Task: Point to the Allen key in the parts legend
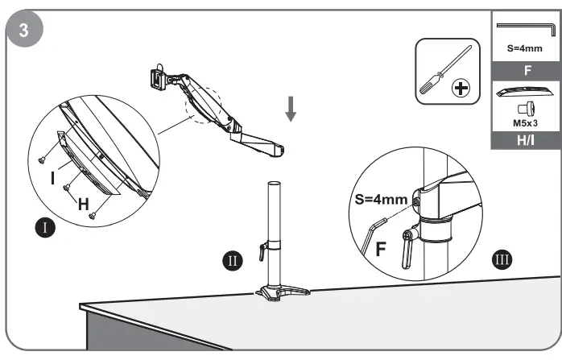(525, 29)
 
